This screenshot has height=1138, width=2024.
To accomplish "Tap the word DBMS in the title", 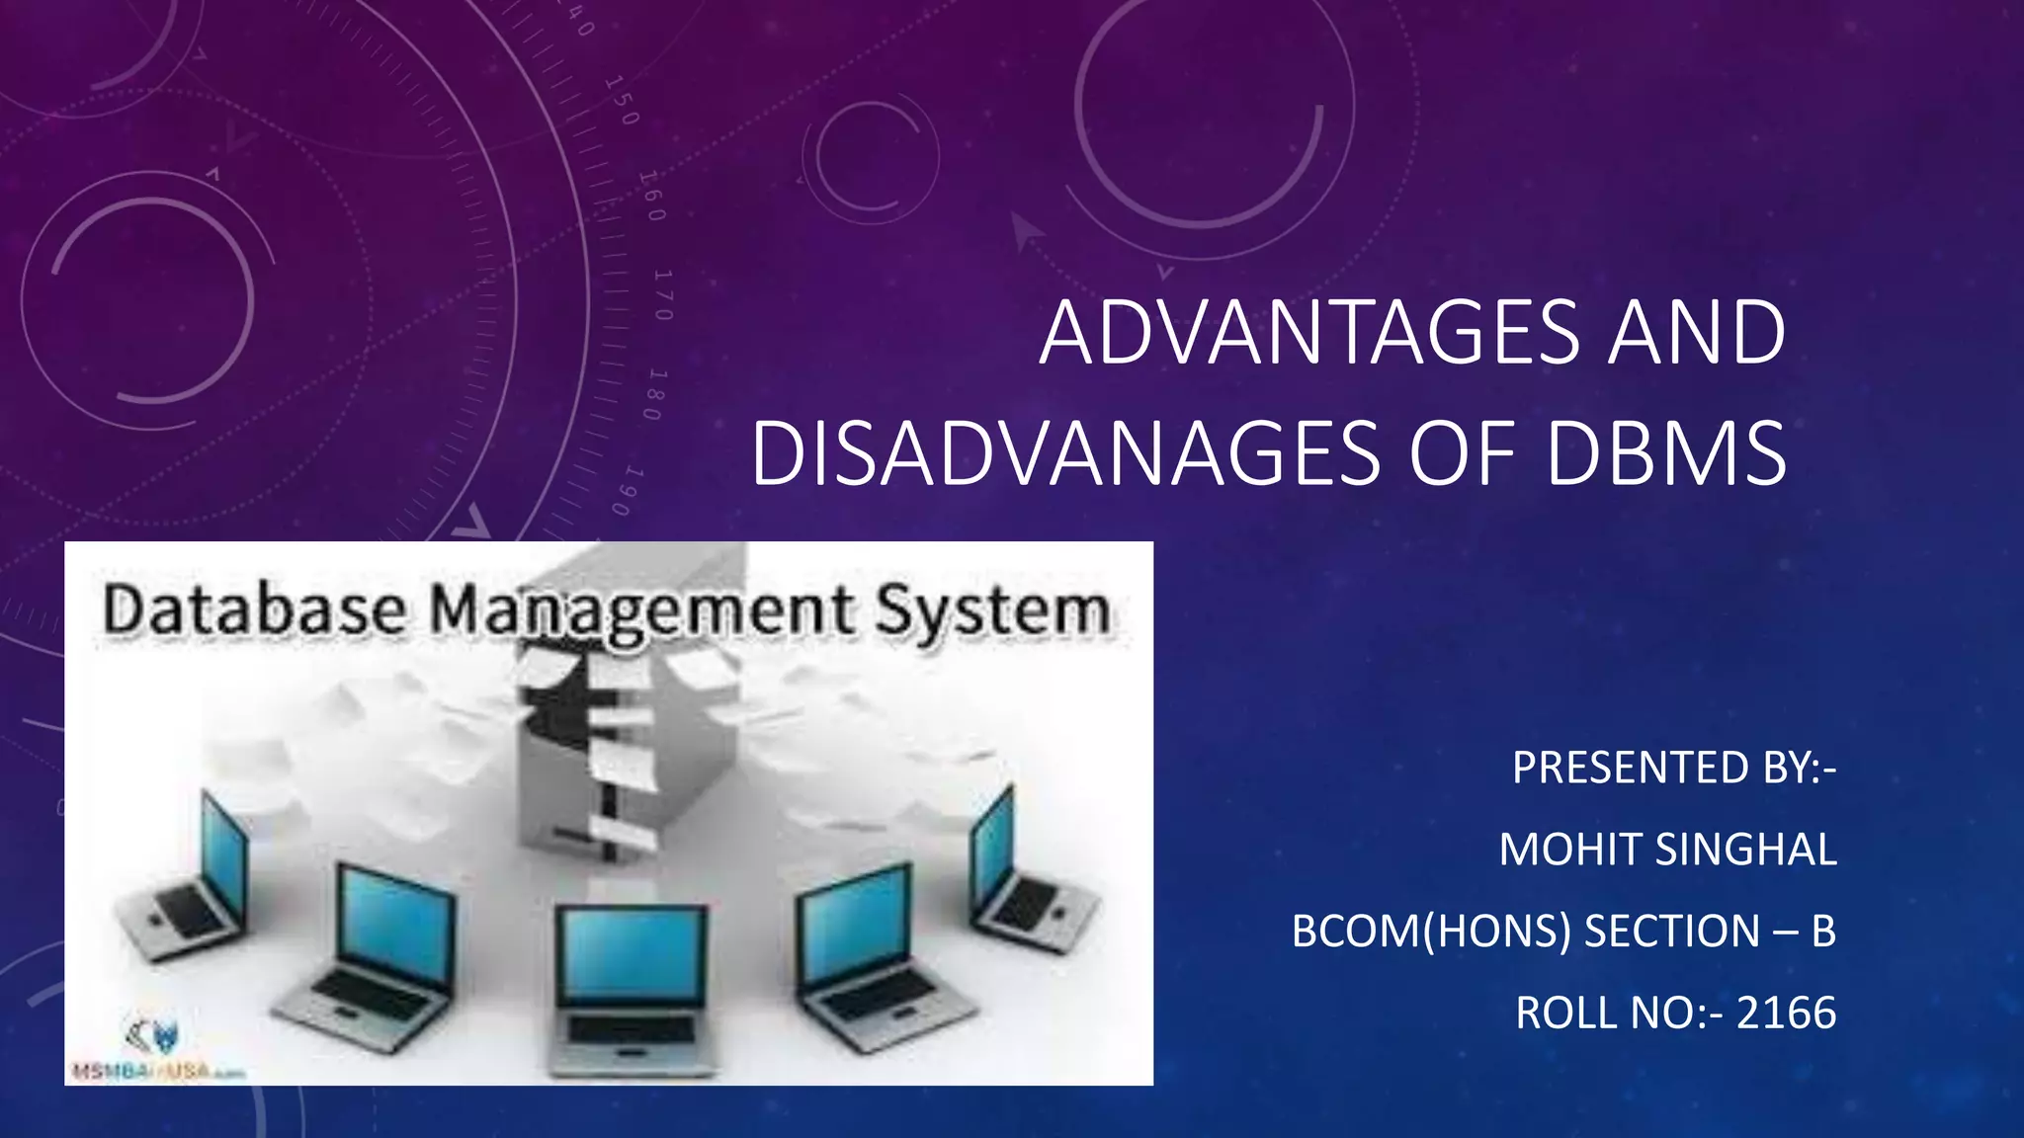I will [x=1666, y=454].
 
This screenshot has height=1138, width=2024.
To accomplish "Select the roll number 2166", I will [x=1786, y=1013].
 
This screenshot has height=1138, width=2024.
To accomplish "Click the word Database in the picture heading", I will [x=254, y=610].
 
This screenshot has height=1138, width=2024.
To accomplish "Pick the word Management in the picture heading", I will [x=642, y=611].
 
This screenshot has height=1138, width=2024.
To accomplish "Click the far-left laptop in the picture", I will [x=188, y=879].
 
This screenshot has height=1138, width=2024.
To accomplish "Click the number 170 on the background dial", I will [x=663, y=293].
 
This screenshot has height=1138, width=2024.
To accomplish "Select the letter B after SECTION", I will [x=1823, y=932].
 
